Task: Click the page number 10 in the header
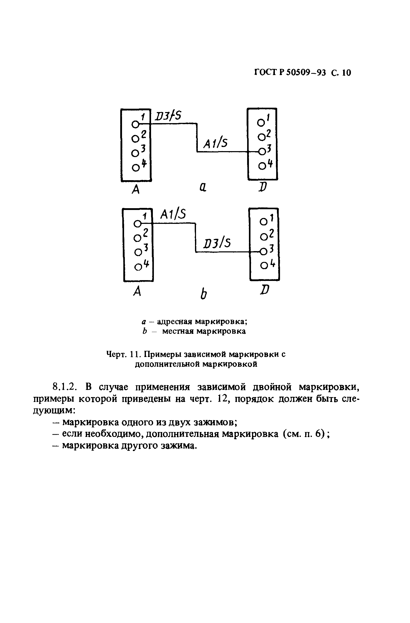[346, 72]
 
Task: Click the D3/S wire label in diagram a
[168, 116]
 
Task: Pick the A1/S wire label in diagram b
[173, 215]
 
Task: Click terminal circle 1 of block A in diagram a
[135, 125]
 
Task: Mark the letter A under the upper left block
[136, 189]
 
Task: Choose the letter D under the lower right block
[265, 290]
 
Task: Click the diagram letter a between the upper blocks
[203, 187]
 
